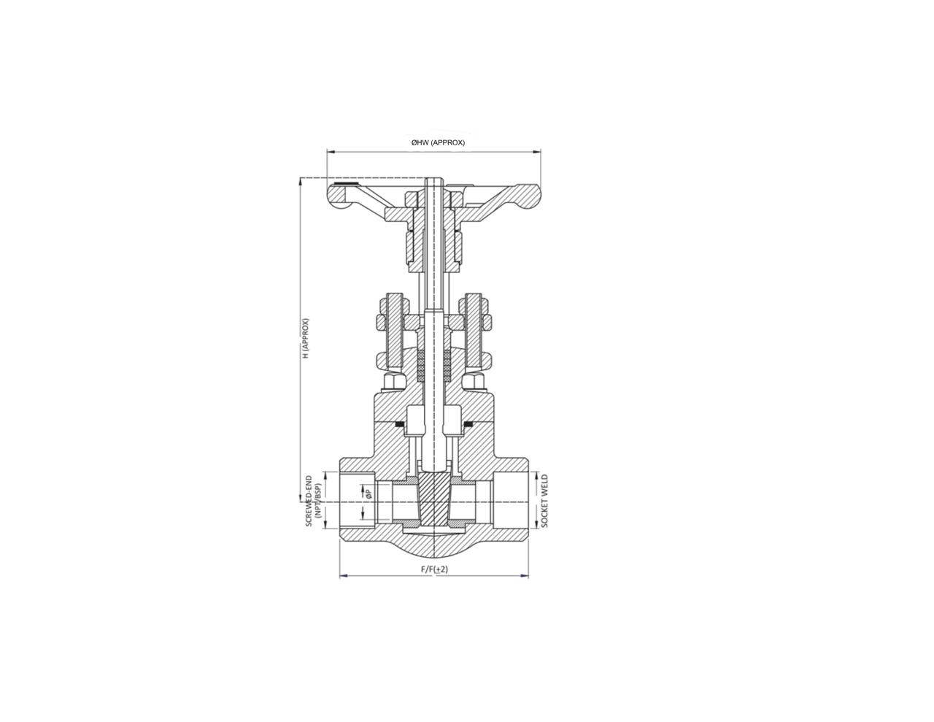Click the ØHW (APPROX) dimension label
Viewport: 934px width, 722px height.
click(437, 142)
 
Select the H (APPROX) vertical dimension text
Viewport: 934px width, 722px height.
click(306, 338)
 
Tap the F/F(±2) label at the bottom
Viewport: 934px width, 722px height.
click(434, 569)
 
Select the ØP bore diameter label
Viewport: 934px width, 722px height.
click(368, 494)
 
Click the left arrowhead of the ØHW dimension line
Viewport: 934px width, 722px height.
click(330, 152)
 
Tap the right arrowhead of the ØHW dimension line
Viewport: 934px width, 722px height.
click(538, 152)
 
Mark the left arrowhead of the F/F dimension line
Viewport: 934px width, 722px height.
click(343, 575)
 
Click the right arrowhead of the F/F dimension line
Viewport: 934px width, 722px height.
click(525, 575)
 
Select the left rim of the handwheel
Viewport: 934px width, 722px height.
click(338, 196)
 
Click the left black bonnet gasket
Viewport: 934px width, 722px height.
click(400, 423)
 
